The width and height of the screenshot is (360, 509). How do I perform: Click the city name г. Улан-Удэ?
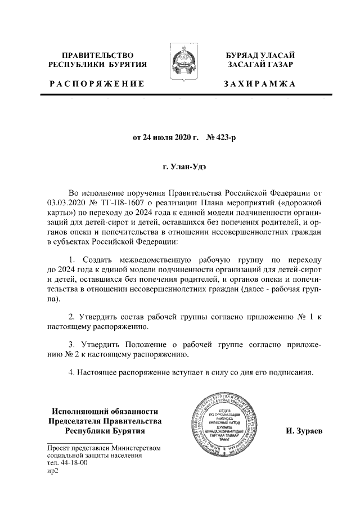(x=181, y=168)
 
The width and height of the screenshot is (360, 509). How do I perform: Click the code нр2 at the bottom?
(x=53, y=472)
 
